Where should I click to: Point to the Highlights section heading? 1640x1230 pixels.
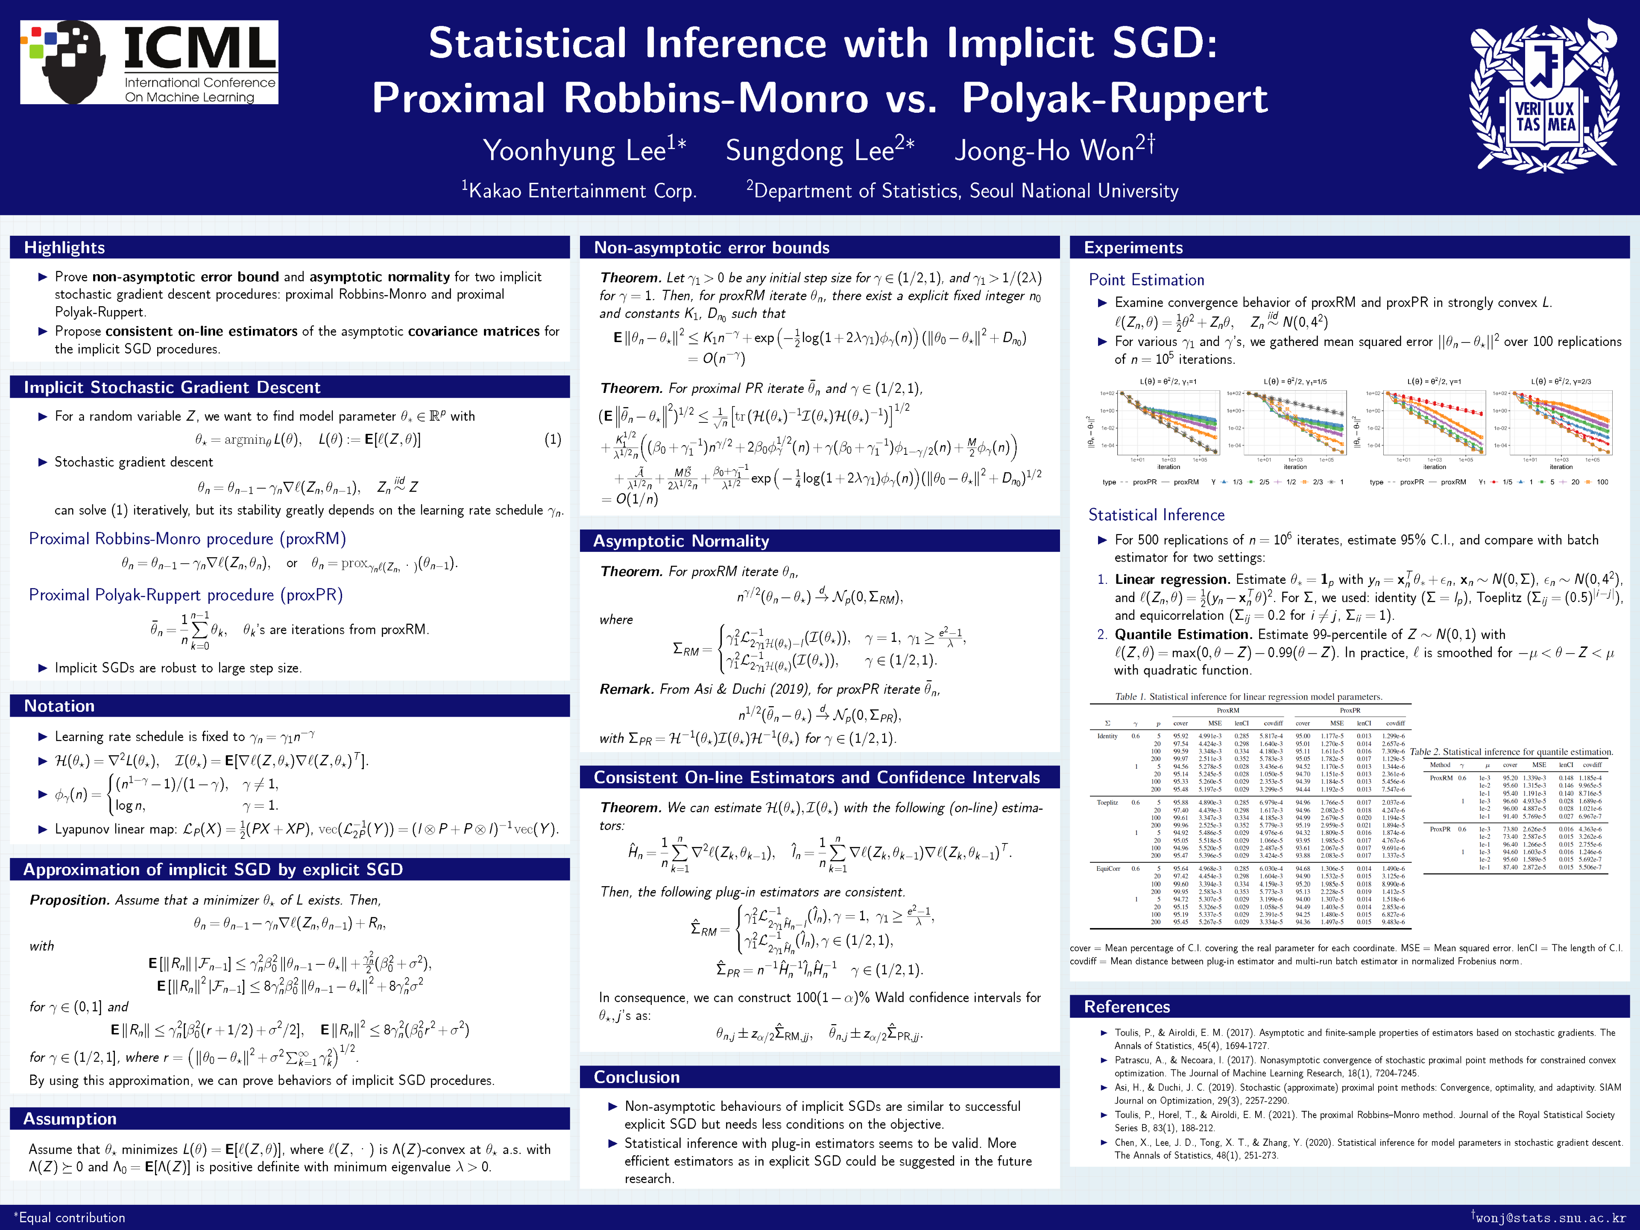64,248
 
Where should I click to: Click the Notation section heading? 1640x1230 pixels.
59,706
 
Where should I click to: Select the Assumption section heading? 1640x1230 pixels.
70,1119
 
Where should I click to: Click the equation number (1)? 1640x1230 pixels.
552,439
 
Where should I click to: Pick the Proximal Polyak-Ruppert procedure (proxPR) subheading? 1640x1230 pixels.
185,595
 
